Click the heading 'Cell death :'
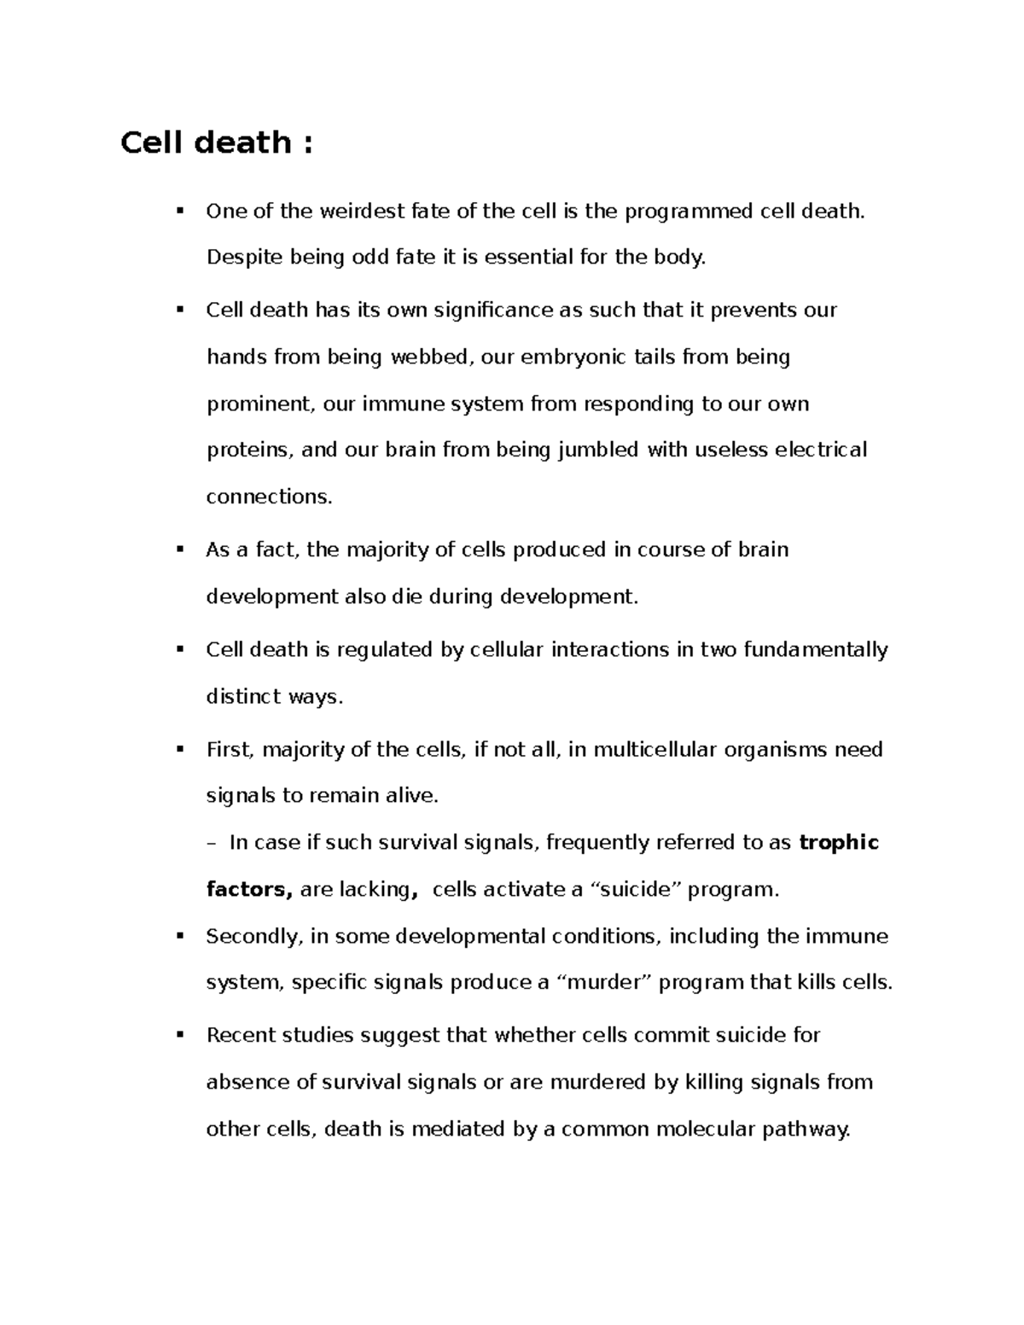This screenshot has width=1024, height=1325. [x=217, y=142]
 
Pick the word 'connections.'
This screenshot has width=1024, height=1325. [x=269, y=497]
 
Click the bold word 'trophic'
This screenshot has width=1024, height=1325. [x=839, y=843]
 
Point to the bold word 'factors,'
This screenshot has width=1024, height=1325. [x=250, y=890]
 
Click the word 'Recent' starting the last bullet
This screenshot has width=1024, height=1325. [x=236, y=1036]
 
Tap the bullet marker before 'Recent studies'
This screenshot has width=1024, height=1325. [x=179, y=1034]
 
